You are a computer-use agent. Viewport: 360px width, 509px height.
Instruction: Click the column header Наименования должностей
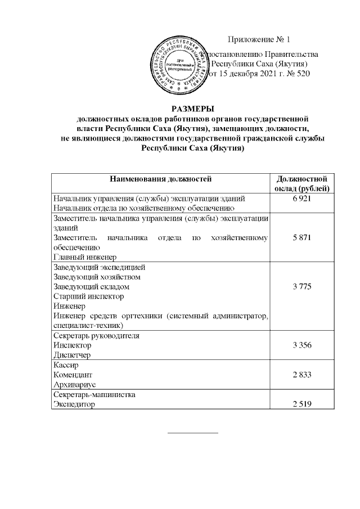pyautogui.click(x=160, y=179)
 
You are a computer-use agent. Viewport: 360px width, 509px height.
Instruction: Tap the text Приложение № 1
pyautogui.click(x=259, y=39)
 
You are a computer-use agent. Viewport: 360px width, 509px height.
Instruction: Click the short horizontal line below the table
pyautogui.click(x=193, y=433)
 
